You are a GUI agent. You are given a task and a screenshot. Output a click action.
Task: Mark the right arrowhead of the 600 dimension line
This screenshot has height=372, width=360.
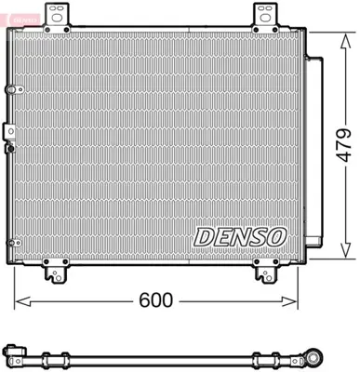296,301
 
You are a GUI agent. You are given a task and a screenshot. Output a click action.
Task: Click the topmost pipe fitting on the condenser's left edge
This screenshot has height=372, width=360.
12,89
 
